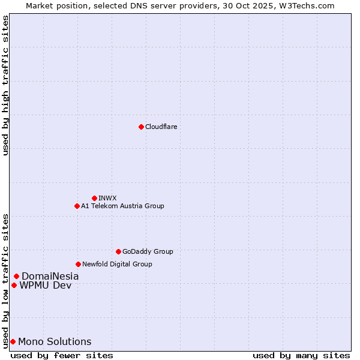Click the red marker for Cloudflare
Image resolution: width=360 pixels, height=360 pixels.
[141, 127]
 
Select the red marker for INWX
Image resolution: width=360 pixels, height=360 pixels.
[94, 198]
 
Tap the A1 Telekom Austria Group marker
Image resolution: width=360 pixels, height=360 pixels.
[77, 206]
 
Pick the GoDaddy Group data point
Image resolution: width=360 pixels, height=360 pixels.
[118, 251]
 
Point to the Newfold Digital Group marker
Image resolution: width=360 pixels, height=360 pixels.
[78, 264]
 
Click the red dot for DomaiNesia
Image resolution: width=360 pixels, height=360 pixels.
[16, 276]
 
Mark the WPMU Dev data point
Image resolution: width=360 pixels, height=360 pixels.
[14, 285]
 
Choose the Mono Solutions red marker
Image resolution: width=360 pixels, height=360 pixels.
[13, 341]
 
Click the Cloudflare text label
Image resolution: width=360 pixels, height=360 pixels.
[161, 127]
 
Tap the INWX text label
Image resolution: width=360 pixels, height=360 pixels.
[107, 198]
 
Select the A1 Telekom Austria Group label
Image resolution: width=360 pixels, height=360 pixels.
[122, 206]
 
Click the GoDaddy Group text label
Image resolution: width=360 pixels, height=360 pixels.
[148, 251]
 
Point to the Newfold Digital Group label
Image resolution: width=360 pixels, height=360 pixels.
[117, 264]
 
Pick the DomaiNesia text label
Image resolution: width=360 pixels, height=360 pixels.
[50, 276]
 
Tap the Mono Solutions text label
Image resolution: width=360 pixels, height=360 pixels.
[55, 341]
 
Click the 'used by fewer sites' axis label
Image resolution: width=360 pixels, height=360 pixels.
[62, 355]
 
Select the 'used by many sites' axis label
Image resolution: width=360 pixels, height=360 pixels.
[301, 355]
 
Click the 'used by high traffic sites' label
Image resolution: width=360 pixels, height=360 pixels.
[5, 85]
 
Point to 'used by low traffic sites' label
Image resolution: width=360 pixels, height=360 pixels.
[5, 280]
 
